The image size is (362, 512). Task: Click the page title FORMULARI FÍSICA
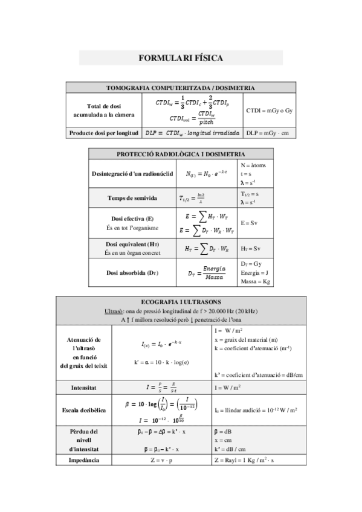pos(181,58)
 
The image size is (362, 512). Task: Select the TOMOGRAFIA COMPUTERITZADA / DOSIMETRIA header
pos(181,87)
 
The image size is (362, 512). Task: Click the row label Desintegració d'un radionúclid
pos(132,174)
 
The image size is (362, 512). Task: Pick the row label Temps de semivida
pos(132,197)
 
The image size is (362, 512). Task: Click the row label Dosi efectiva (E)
pos(132,218)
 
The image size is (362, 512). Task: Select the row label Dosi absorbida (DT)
pos(132,273)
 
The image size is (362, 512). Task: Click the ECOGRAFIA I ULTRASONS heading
pos(181,301)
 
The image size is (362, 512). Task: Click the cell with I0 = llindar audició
pos(256,411)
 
